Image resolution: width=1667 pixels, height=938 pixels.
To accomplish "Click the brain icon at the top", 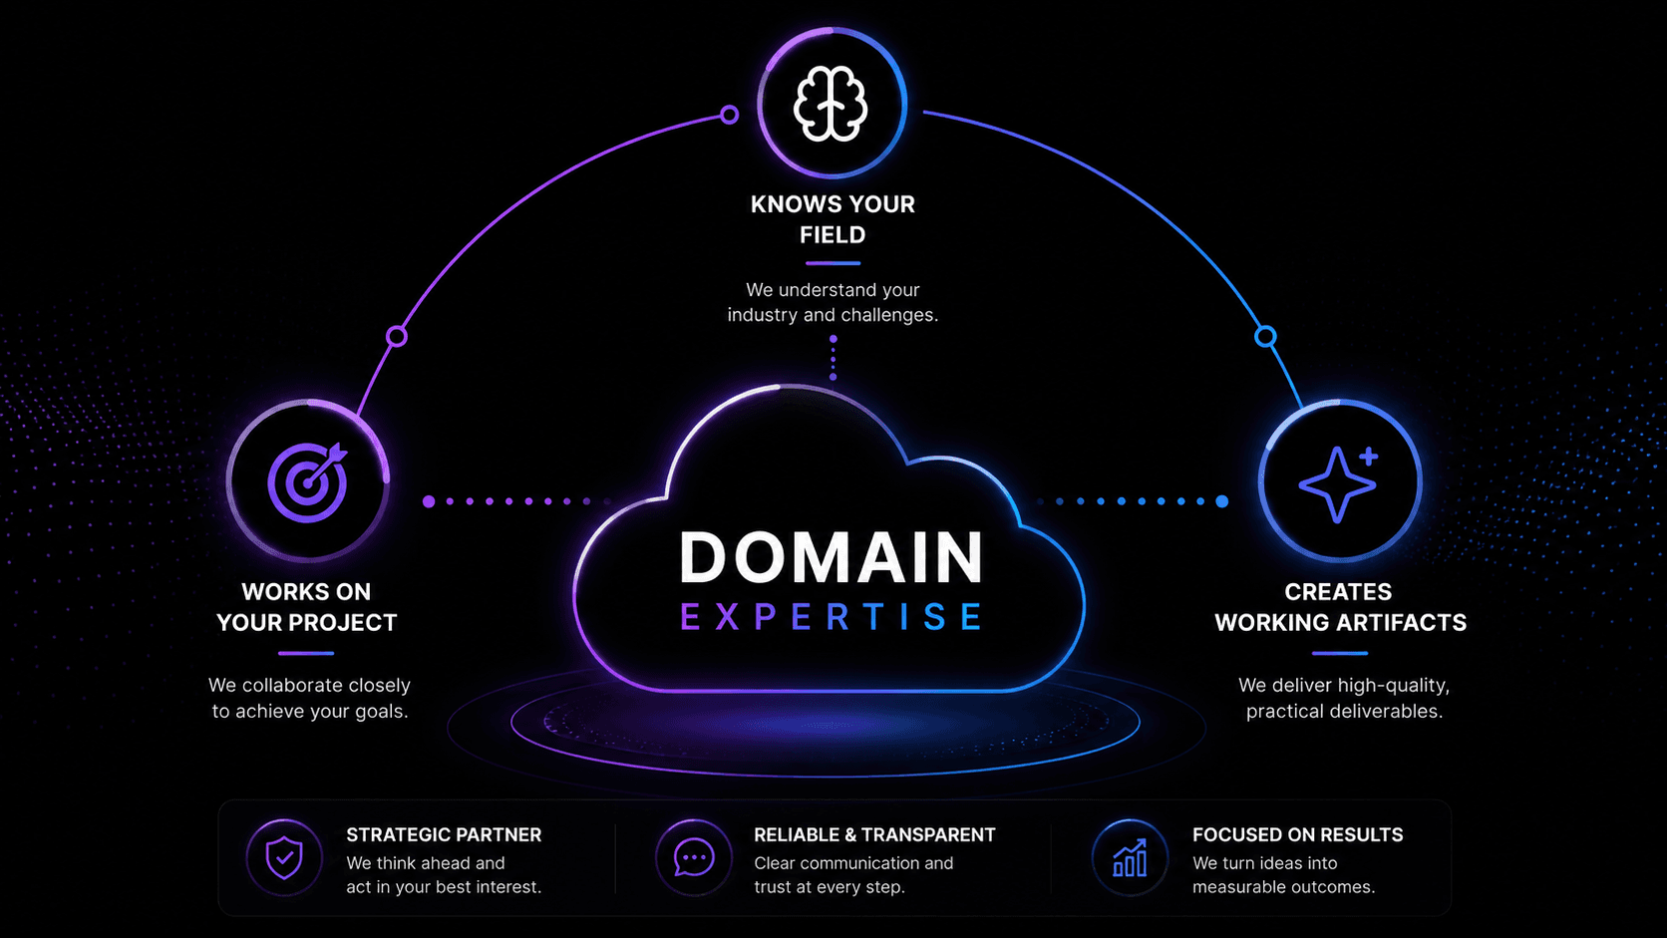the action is click(831, 104).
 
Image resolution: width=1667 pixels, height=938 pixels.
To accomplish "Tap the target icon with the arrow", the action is click(307, 482).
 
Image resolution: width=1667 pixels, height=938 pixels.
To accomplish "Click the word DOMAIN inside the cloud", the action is click(832, 557).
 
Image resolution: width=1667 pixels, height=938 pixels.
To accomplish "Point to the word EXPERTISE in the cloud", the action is click(832, 617).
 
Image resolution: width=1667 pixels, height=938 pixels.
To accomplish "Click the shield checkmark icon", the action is click(284, 857).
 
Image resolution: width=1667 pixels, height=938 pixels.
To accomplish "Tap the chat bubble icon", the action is click(694, 857).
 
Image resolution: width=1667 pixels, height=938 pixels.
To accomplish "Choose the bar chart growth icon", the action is click(1130, 857).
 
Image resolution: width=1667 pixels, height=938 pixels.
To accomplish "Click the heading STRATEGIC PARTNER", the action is click(444, 834).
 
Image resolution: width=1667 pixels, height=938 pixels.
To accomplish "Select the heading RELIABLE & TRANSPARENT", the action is click(874, 834).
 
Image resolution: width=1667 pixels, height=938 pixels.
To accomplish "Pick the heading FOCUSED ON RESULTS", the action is click(1297, 834).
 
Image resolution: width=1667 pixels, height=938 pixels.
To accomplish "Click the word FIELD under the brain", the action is click(833, 235).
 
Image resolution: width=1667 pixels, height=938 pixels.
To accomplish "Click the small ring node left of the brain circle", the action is click(730, 115).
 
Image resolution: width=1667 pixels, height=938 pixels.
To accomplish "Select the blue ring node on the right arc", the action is click(1265, 336).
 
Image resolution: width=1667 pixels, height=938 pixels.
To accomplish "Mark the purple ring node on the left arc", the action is click(397, 336).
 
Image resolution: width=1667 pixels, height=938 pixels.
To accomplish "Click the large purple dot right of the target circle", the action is click(429, 501).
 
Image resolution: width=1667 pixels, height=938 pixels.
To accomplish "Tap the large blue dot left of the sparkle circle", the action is click(1222, 501).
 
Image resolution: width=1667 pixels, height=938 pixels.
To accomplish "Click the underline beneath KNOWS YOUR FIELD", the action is click(833, 263).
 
